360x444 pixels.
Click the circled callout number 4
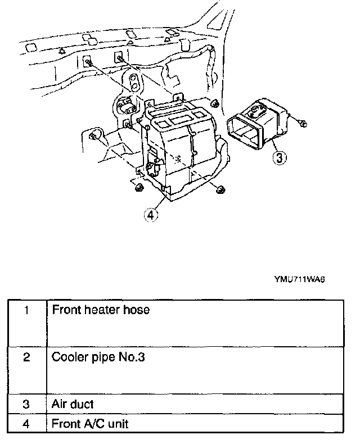click(150, 214)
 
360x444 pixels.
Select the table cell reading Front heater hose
click(101, 310)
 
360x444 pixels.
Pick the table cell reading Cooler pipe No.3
click(98, 357)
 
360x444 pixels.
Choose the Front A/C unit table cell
click(90, 423)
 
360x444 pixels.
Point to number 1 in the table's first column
click(26, 310)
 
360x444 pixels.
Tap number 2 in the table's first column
click(26, 357)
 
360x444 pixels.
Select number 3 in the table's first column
click(26, 404)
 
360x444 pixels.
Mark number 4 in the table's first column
click(26, 423)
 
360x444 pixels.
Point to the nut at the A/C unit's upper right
click(215, 103)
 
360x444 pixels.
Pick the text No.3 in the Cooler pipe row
click(133, 357)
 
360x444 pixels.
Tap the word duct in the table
click(83, 404)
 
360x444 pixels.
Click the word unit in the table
click(117, 423)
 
